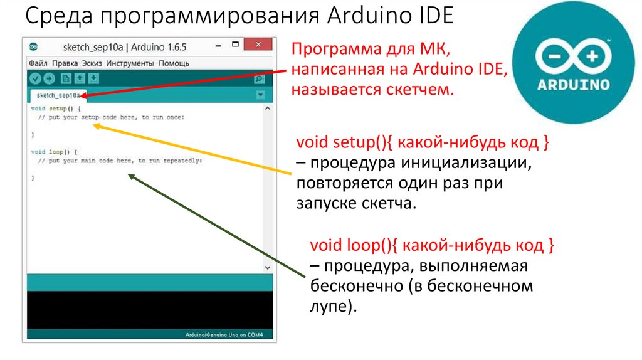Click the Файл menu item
point(38,63)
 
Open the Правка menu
point(65,63)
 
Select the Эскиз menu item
point(92,63)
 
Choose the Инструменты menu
point(130,63)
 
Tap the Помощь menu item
point(174,63)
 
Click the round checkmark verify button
point(35,78)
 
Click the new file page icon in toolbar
point(65,78)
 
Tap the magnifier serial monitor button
point(258,79)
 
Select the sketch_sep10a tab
point(58,95)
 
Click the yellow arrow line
point(194,150)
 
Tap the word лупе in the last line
point(327,307)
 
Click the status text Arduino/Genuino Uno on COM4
point(224,335)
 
